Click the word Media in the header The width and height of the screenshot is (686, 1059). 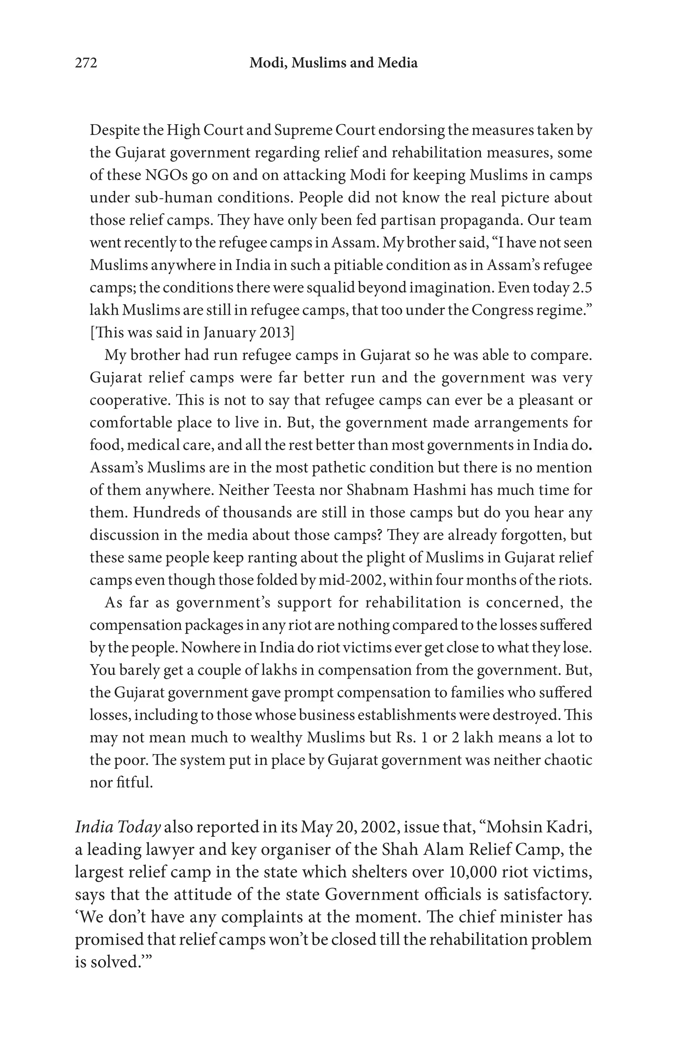[x=398, y=63]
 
